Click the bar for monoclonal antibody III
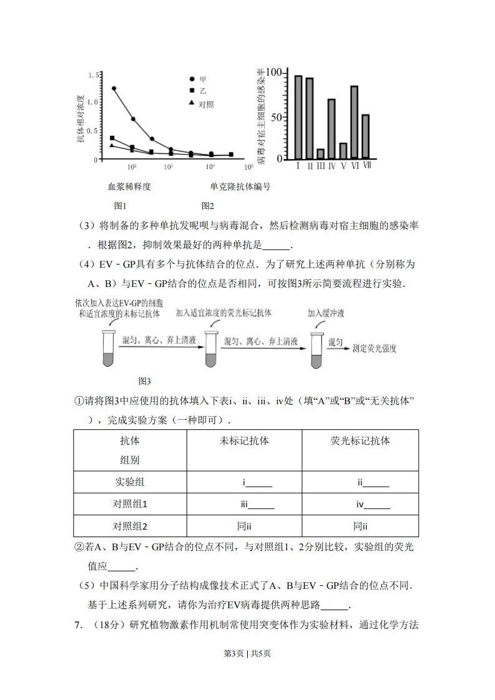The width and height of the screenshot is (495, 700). tap(320, 153)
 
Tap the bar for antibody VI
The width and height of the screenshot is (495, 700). tap(354, 122)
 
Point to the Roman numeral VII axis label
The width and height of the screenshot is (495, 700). tap(366, 166)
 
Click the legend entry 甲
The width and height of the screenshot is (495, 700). tap(202, 80)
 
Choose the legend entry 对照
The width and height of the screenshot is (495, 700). tap(206, 104)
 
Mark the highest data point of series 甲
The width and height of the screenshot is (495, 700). tap(114, 89)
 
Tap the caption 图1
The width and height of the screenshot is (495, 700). tap(120, 206)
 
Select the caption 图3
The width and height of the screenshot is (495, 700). tap(144, 381)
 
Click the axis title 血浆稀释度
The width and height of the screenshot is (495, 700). tap(129, 186)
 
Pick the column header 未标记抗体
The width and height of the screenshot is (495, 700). tap(244, 440)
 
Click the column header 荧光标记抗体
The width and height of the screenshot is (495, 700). tap(360, 440)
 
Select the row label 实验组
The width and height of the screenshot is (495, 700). tap(130, 482)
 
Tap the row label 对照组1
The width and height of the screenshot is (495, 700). tap(130, 504)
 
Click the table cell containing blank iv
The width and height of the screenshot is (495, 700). tap(360, 504)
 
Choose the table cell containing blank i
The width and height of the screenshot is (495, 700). tap(244, 482)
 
